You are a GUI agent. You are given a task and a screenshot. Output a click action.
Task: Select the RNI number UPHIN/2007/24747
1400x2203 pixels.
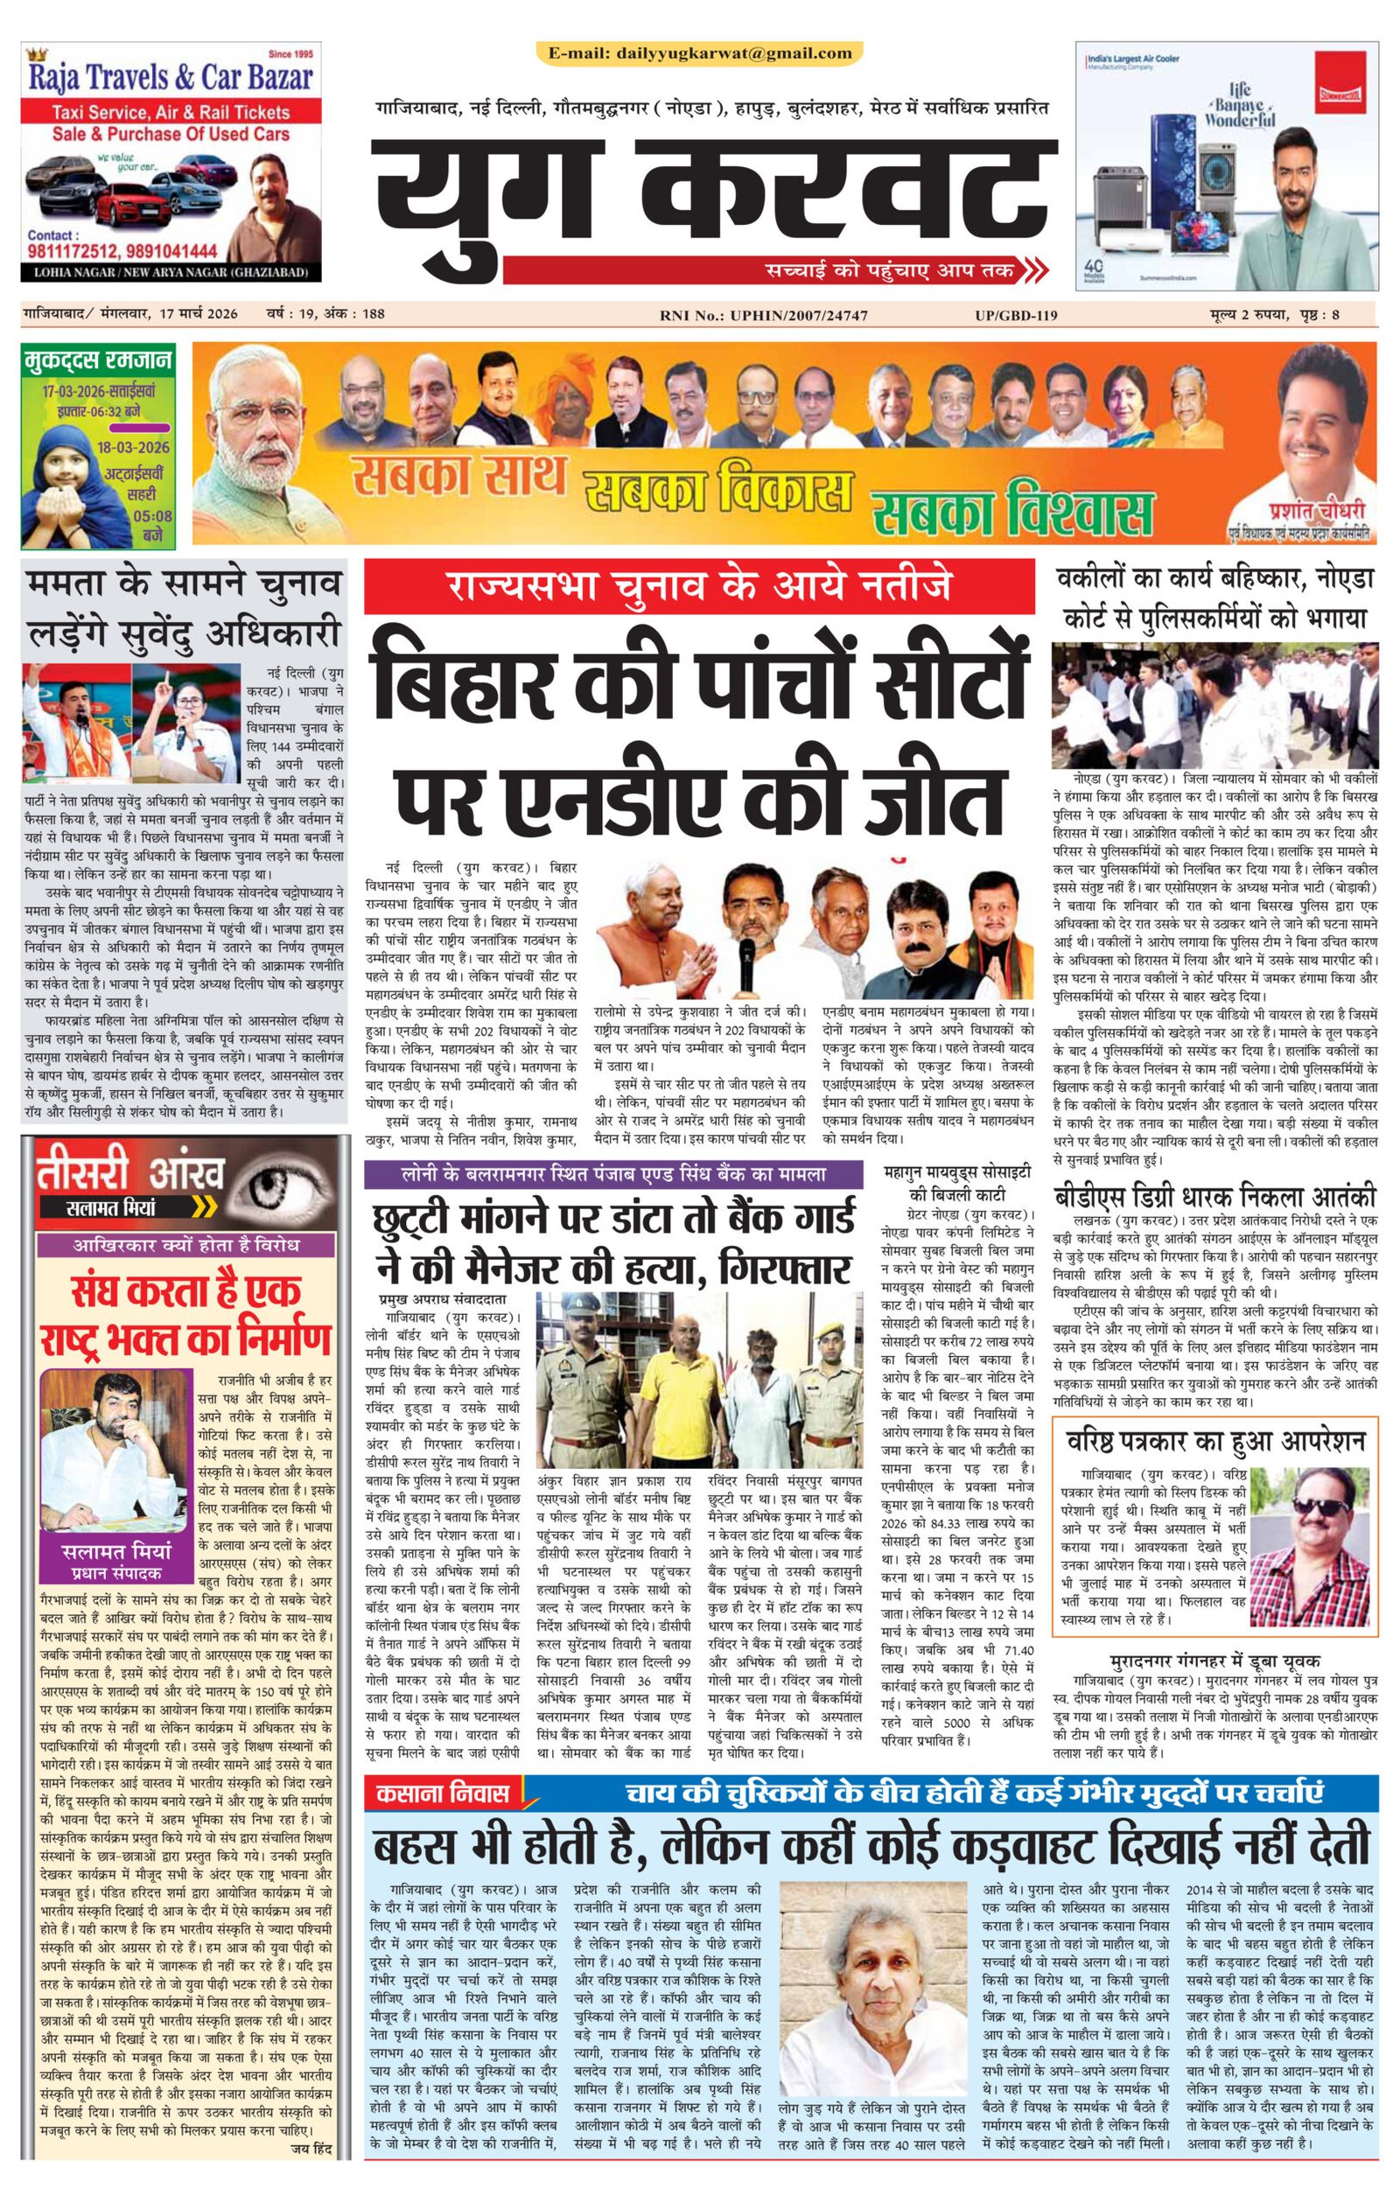[763, 316]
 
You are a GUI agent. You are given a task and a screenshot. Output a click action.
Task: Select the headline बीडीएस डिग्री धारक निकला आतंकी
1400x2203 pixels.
[1214, 1196]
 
